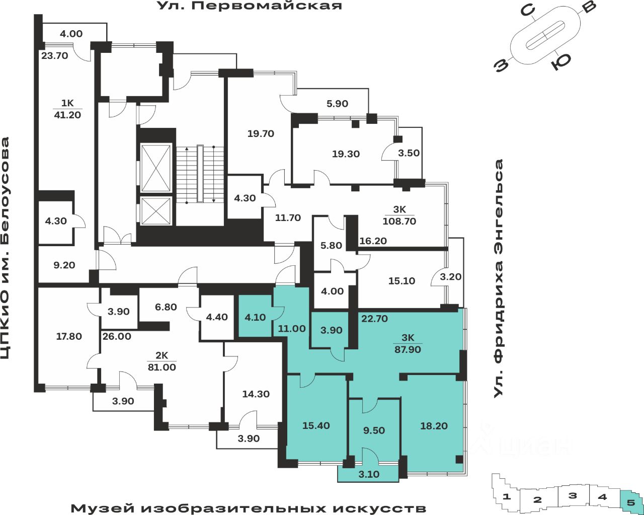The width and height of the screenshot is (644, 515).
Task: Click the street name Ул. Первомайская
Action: pyautogui.click(x=250, y=6)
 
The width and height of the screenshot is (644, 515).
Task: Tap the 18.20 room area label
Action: pyautogui.click(x=434, y=426)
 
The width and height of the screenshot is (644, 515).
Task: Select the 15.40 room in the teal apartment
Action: pyautogui.click(x=316, y=425)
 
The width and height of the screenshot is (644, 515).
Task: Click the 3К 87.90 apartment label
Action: pyautogui.click(x=408, y=344)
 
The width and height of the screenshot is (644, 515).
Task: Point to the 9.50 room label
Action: pyautogui.click(x=374, y=430)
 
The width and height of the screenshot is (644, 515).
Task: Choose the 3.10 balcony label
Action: pyautogui.click(x=369, y=474)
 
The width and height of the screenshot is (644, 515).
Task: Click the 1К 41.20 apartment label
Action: pyautogui.click(x=67, y=109)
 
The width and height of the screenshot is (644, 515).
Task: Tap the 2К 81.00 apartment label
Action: pyautogui.click(x=162, y=362)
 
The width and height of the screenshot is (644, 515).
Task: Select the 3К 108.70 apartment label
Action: pyautogui.click(x=399, y=215)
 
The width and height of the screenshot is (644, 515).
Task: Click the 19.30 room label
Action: pyautogui.click(x=346, y=154)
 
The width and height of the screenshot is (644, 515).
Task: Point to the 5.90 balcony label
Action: pyautogui.click(x=337, y=104)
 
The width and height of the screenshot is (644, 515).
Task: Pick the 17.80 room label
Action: pyautogui.click(x=69, y=336)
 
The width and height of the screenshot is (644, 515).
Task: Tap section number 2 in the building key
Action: pyautogui.click(x=537, y=500)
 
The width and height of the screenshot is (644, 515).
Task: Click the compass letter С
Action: pyautogui.click(x=527, y=11)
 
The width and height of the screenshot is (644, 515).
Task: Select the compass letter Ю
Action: pyautogui.click(x=560, y=61)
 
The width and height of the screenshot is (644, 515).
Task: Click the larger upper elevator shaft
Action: pyautogui.click(x=155, y=168)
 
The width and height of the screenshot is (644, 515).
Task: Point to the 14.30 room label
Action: pyautogui.click(x=256, y=394)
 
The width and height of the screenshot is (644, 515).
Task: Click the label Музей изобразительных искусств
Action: pyautogui.click(x=248, y=508)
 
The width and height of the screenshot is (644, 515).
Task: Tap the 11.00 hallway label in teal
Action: pyautogui.click(x=292, y=329)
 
